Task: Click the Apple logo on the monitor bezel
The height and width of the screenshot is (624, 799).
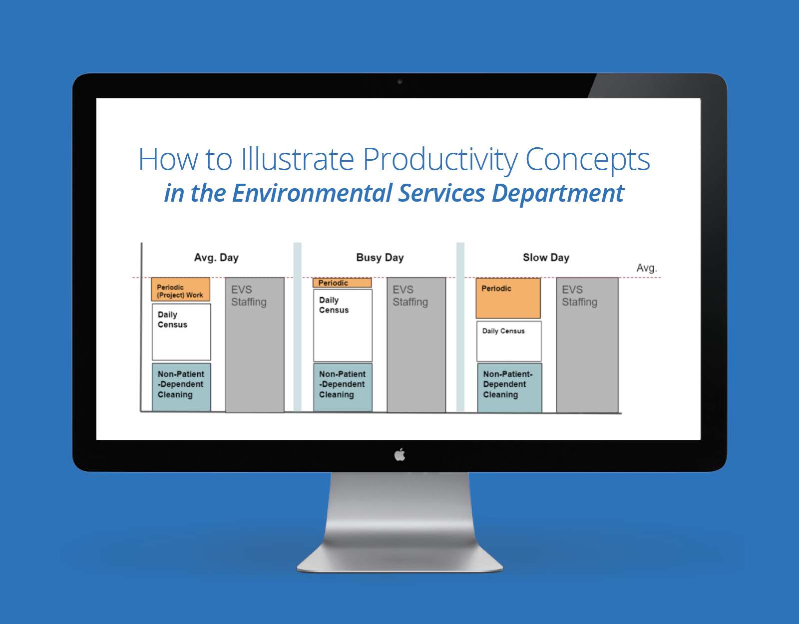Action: click(x=399, y=454)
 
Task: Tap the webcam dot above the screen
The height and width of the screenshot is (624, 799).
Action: click(x=399, y=81)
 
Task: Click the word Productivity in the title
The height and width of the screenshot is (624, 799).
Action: click(x=440, y=159)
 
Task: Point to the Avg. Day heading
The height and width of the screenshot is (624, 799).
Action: click(x=216, y=257)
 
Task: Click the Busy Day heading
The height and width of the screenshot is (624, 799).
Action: click(x=380, y=257)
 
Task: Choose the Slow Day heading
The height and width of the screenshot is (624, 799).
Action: click(x=546, y=257)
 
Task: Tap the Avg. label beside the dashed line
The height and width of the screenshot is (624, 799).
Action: click(x=646, y=268)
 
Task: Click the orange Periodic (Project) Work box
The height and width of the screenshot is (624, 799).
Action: click(x=181, y=289)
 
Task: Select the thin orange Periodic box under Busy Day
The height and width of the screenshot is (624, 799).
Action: click(x=342, y=283)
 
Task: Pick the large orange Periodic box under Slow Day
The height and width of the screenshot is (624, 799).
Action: click(x=508, y=298)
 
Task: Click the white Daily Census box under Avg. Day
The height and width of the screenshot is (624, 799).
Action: click(x=181, y=332)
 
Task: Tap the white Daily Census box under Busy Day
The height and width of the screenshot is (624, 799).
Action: click(x=343, y=325)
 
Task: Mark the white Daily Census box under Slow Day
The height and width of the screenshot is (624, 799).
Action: click(x=509, y=341)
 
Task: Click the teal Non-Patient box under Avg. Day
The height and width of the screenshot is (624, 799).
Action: click(x=181, y=387)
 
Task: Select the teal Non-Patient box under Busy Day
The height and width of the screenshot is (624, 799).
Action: click(x=343, y=387)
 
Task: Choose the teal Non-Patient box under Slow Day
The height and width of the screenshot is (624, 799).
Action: click(x=510, y=388)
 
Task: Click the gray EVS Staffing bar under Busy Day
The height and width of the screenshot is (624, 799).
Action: click(x=416, y=345)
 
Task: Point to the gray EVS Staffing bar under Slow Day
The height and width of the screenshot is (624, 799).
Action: click(x=587, y=345)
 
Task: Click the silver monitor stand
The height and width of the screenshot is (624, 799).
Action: click(x=399, y=522)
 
